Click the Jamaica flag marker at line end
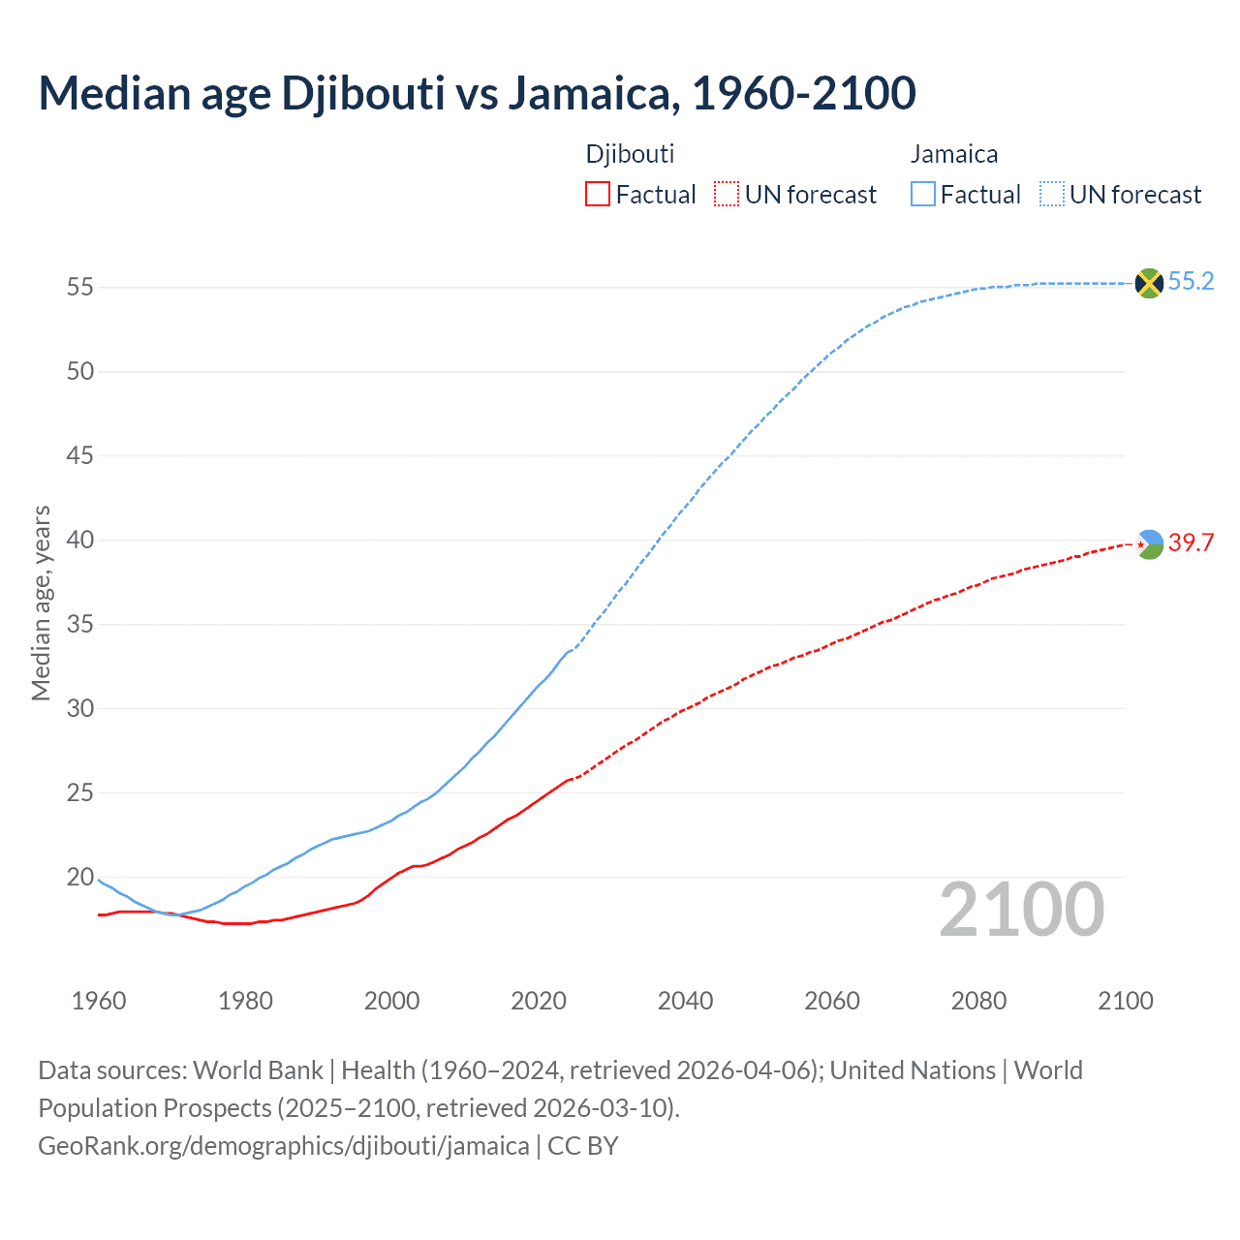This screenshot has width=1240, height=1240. [1149, 283]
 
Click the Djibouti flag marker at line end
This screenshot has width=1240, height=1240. [1149, 544]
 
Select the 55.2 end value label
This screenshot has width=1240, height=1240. [1191, 282]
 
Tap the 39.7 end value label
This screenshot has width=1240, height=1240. [1191, 543]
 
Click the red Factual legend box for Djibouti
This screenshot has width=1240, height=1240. [598, 195]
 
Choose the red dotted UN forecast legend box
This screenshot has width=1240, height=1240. [727, 195]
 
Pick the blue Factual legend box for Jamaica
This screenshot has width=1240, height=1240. [923, 195]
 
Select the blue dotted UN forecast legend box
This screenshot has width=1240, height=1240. [1051, 195]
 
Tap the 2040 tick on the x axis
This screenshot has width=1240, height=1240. [685, 1001]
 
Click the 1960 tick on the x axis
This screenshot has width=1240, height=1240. [99, 1001]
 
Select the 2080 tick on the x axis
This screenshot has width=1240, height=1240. [978, 1001]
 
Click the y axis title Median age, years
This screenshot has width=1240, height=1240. [41, 603]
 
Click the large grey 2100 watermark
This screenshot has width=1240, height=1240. [1021, 910]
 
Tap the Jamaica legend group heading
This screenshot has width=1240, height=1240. [954, 154]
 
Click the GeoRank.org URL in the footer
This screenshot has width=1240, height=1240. [283, 1146]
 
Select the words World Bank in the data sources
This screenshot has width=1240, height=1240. [258, 1070]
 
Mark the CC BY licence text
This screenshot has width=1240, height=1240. [583, 1146]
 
